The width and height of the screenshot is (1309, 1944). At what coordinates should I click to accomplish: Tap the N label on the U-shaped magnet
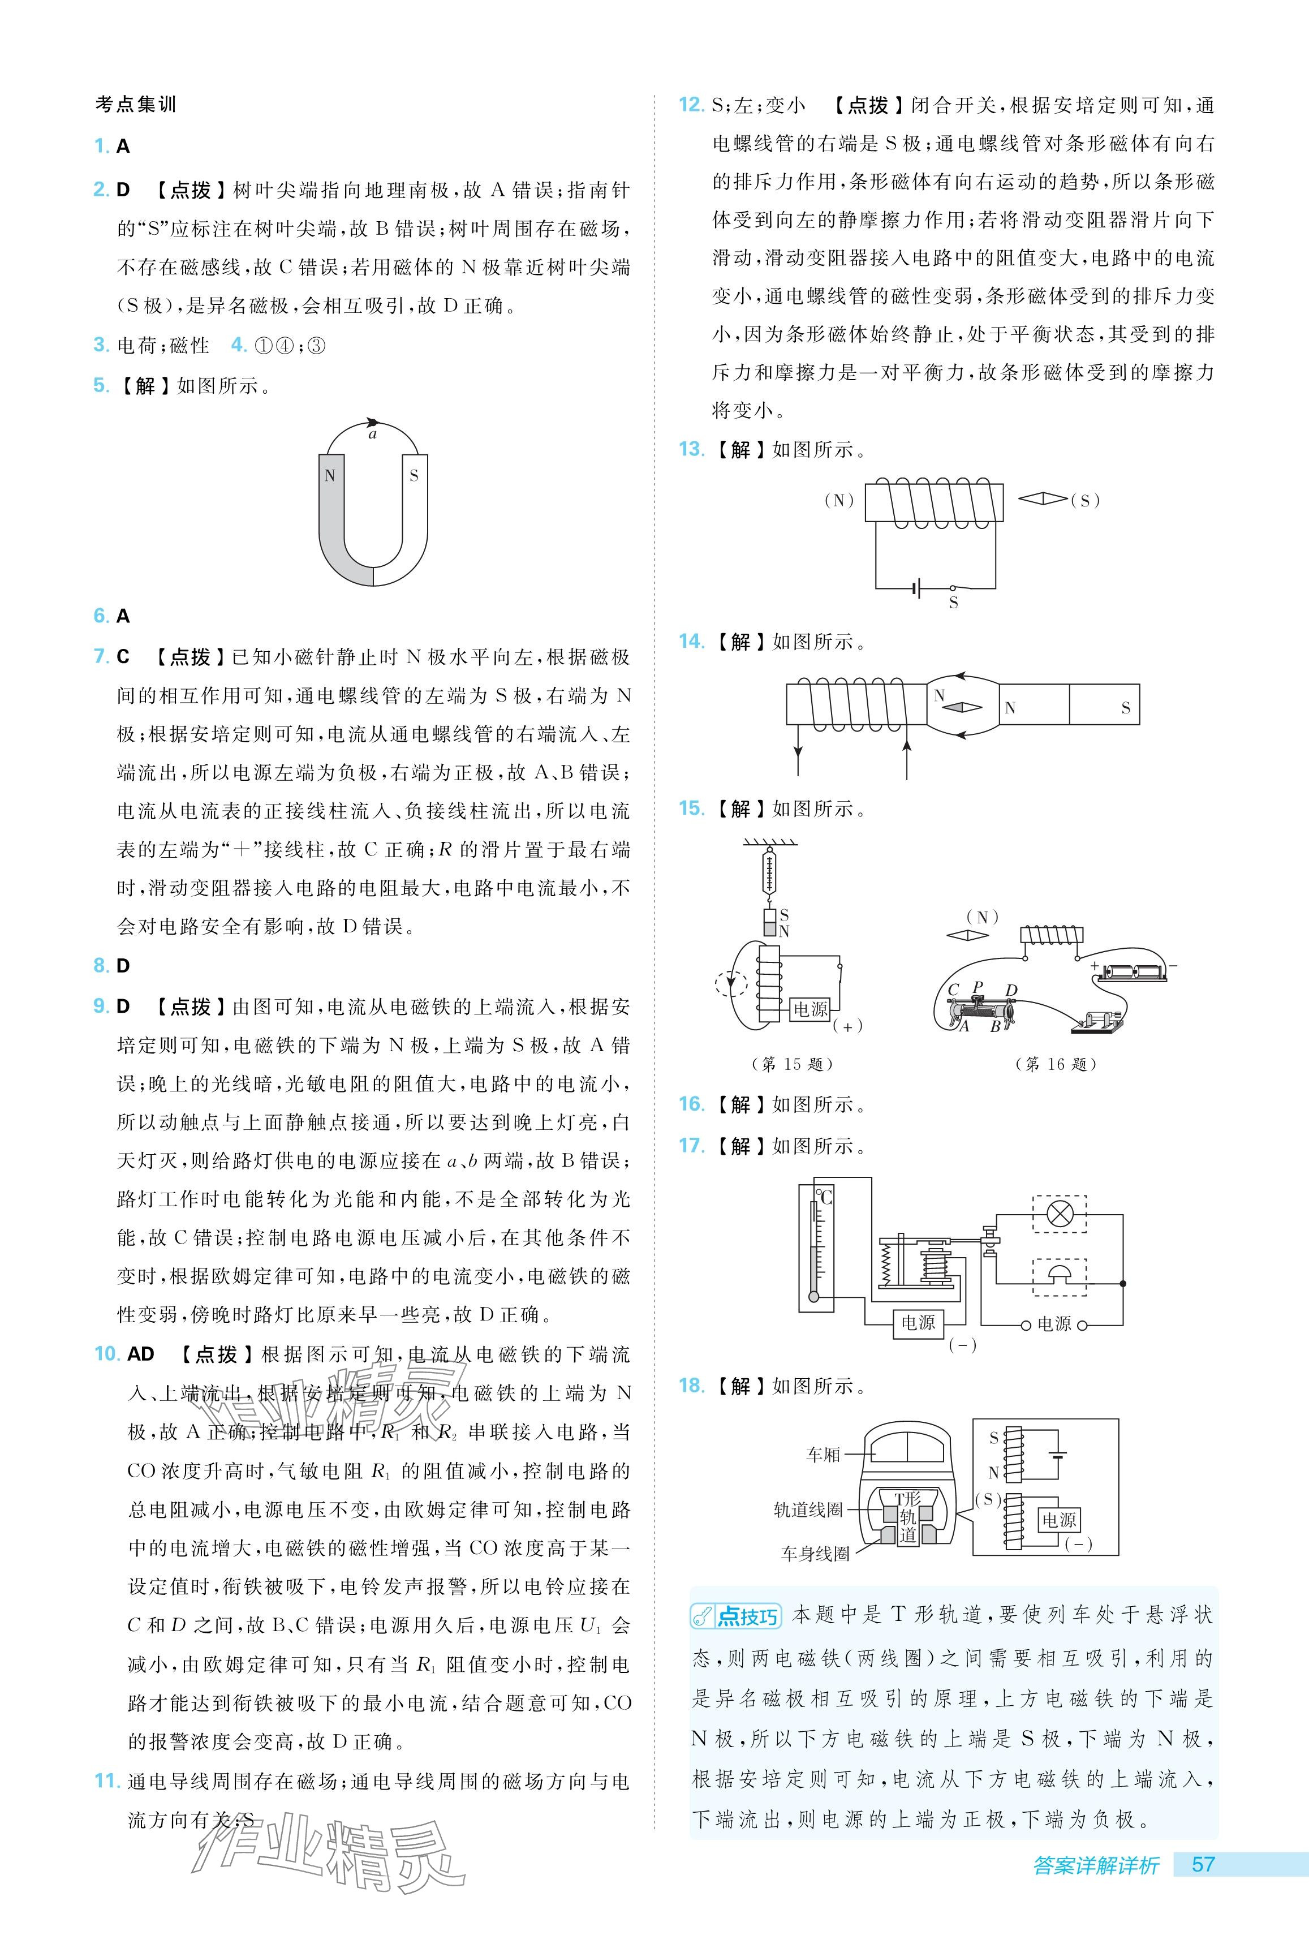[330, 476]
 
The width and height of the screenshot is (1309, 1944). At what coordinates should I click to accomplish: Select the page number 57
[1203, 1888]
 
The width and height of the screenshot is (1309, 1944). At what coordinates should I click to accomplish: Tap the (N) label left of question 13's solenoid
[839, 501]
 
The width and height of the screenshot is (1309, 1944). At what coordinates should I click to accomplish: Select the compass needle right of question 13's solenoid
[1043, 499]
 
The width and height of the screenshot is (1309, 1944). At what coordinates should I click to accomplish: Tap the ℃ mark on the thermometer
[825, 1197]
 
